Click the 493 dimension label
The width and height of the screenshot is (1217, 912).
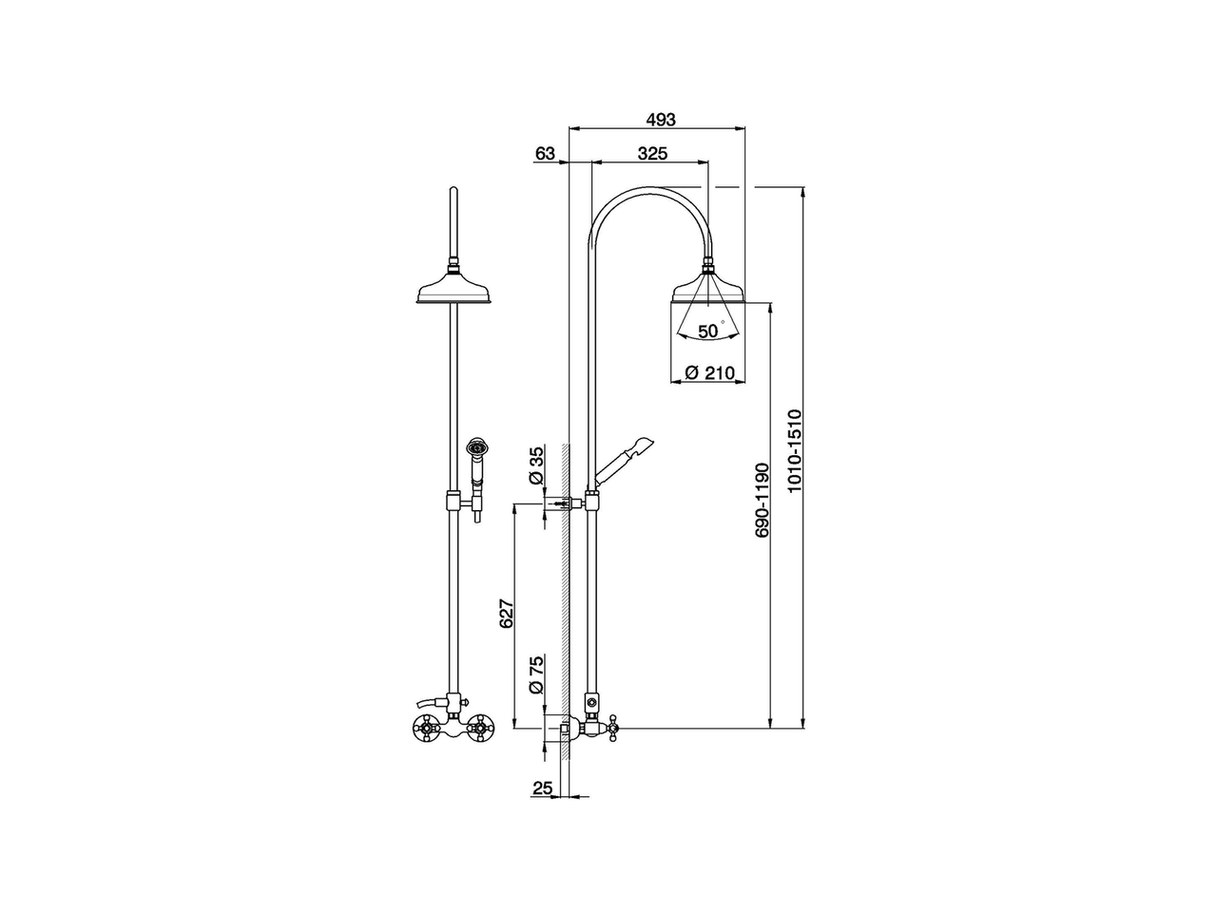pos(661,119)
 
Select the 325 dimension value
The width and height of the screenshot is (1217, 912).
pos(652,153)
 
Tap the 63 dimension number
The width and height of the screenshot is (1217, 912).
pos(545,153)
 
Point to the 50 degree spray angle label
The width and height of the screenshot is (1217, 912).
pos(711,331)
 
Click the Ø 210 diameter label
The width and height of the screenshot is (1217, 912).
pos(709,372)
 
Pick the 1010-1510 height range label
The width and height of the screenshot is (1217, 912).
pos(795,450)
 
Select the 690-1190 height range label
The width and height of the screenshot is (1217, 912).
pos(762,500)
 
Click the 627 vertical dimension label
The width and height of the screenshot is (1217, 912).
pos(507,613)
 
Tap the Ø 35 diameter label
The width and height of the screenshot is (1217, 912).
pos(536,465)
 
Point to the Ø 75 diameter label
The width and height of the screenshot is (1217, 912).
pos(536,675)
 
